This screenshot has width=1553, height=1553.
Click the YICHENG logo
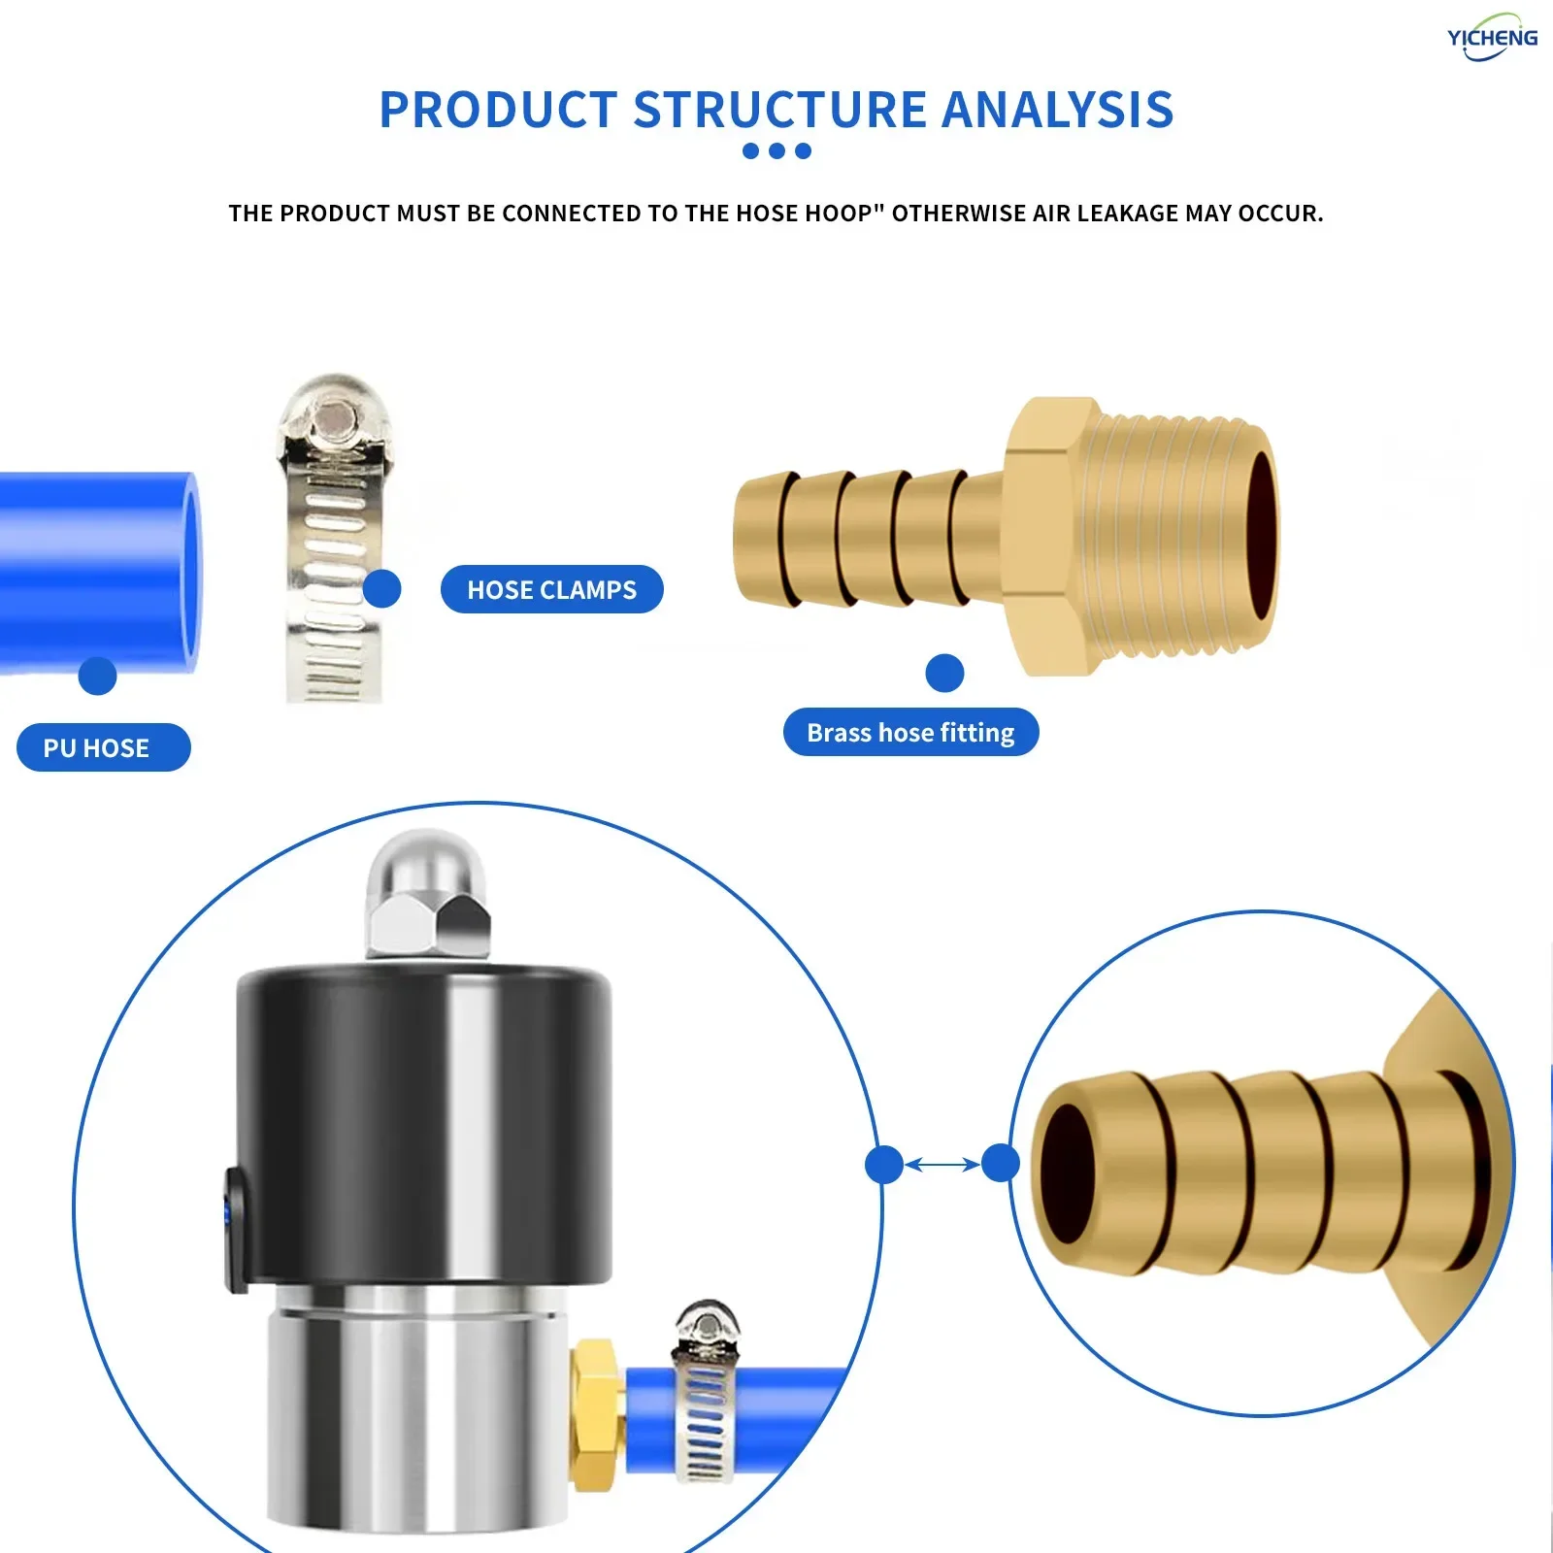click(1491, 38)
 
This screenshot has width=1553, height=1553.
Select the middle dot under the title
click(776, 150)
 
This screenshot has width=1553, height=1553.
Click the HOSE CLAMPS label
click(551, 589)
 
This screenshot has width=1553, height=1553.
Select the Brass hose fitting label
click(910, 732)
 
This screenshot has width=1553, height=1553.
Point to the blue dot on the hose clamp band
click(381, 588)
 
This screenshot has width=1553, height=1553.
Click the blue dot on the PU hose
click(97, 676)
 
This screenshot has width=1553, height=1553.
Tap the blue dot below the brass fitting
click(944, 673)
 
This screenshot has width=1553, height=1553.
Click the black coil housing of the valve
click(424, 1116)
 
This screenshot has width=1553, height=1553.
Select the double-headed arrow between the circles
click(942, 1163)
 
